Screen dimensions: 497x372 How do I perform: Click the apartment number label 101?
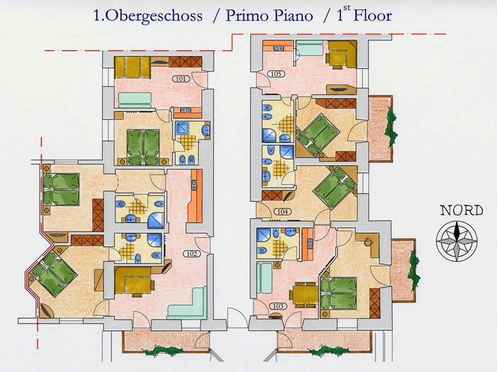[181, 79]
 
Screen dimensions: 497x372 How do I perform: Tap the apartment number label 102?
[192, 253]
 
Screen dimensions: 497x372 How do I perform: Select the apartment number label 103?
[278, 306]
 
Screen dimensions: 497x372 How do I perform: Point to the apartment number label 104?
[282, 211]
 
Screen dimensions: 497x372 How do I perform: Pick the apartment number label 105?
[276, 74]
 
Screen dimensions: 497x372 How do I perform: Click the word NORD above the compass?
[461, 211]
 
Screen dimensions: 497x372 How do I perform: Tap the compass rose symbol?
[457, 241]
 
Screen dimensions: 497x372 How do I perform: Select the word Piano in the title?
[293, 16]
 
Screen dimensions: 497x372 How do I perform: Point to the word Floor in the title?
[373, 16]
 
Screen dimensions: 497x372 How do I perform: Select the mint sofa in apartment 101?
[135, 100]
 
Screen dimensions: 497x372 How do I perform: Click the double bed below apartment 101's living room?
[144, 147]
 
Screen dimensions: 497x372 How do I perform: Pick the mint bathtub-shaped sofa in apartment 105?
[309, 50]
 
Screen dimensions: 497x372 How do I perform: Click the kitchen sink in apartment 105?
[279, 48]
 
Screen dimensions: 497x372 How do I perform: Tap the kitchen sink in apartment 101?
[185, 110]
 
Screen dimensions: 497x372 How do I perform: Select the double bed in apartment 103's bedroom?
[339, 293]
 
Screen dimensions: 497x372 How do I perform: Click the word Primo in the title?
[247, 16]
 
